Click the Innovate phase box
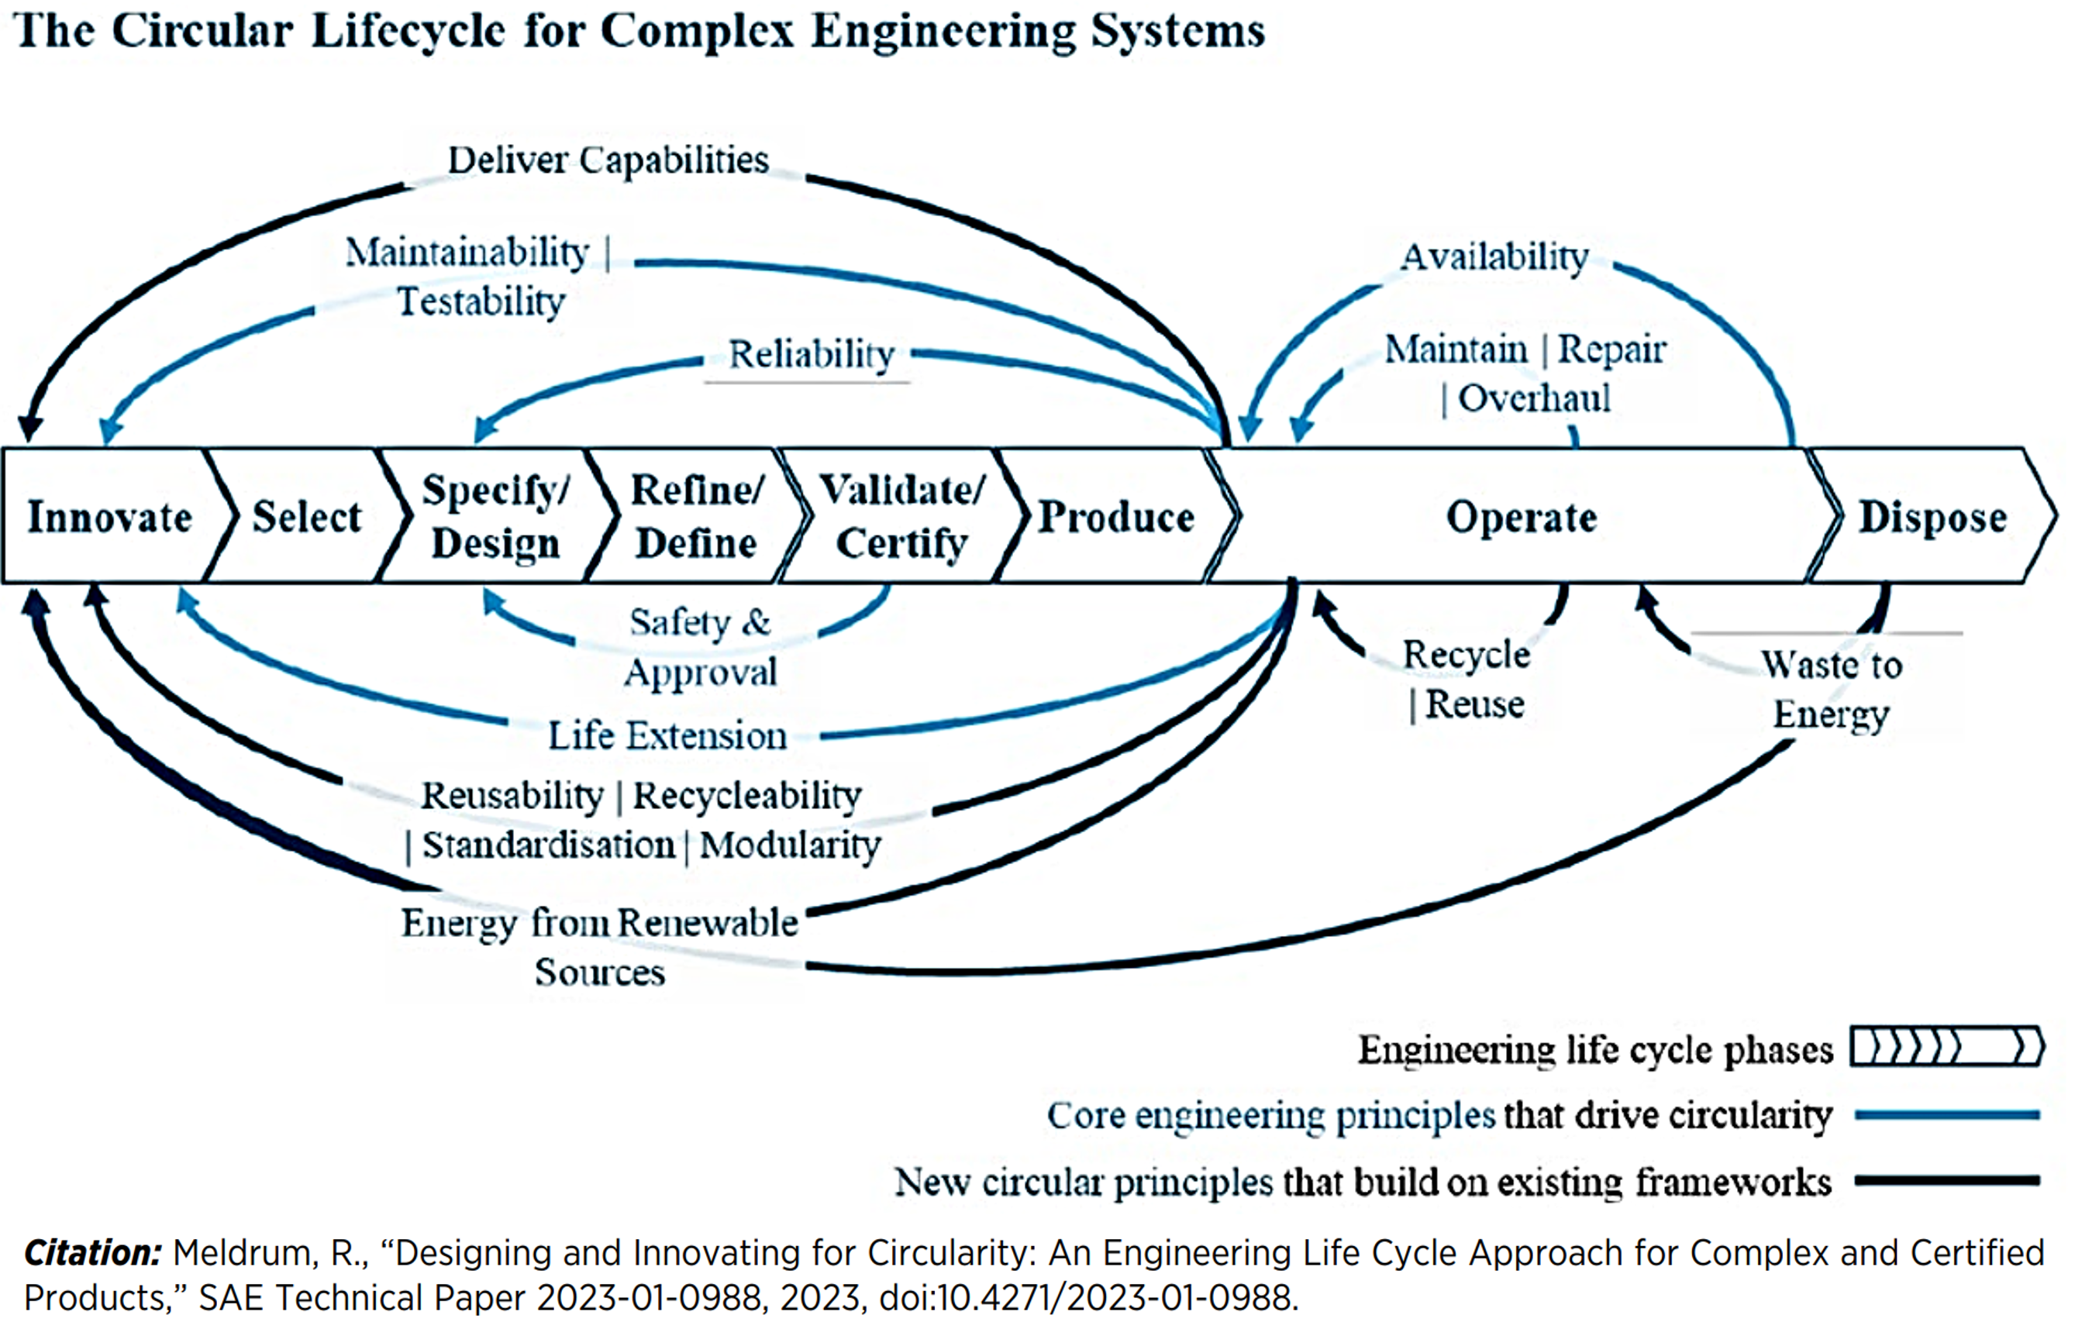[x=109, y=517]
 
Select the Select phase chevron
[x=306, y=517]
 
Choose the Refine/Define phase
[x=697, y=517]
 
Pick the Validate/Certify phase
[x=901, y=517]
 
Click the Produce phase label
[x=1117, y=517]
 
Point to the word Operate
[x=1521, y=517]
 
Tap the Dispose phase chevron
[x=1932, y=517]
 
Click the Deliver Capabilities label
[x=608, y=160]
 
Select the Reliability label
[x=812, y=355]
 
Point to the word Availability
[x=1495, y=256]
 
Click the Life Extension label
[x=667, y=735]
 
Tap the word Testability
[x=481, y=301]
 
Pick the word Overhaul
[x=1534, y=398]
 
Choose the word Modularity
[x=790, y=845]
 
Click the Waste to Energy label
[x=1832, y=689]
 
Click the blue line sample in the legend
[x=1946, y=1115]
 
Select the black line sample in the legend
[x=1946, y=1180]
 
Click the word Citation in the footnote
[x=92, y=1253]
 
